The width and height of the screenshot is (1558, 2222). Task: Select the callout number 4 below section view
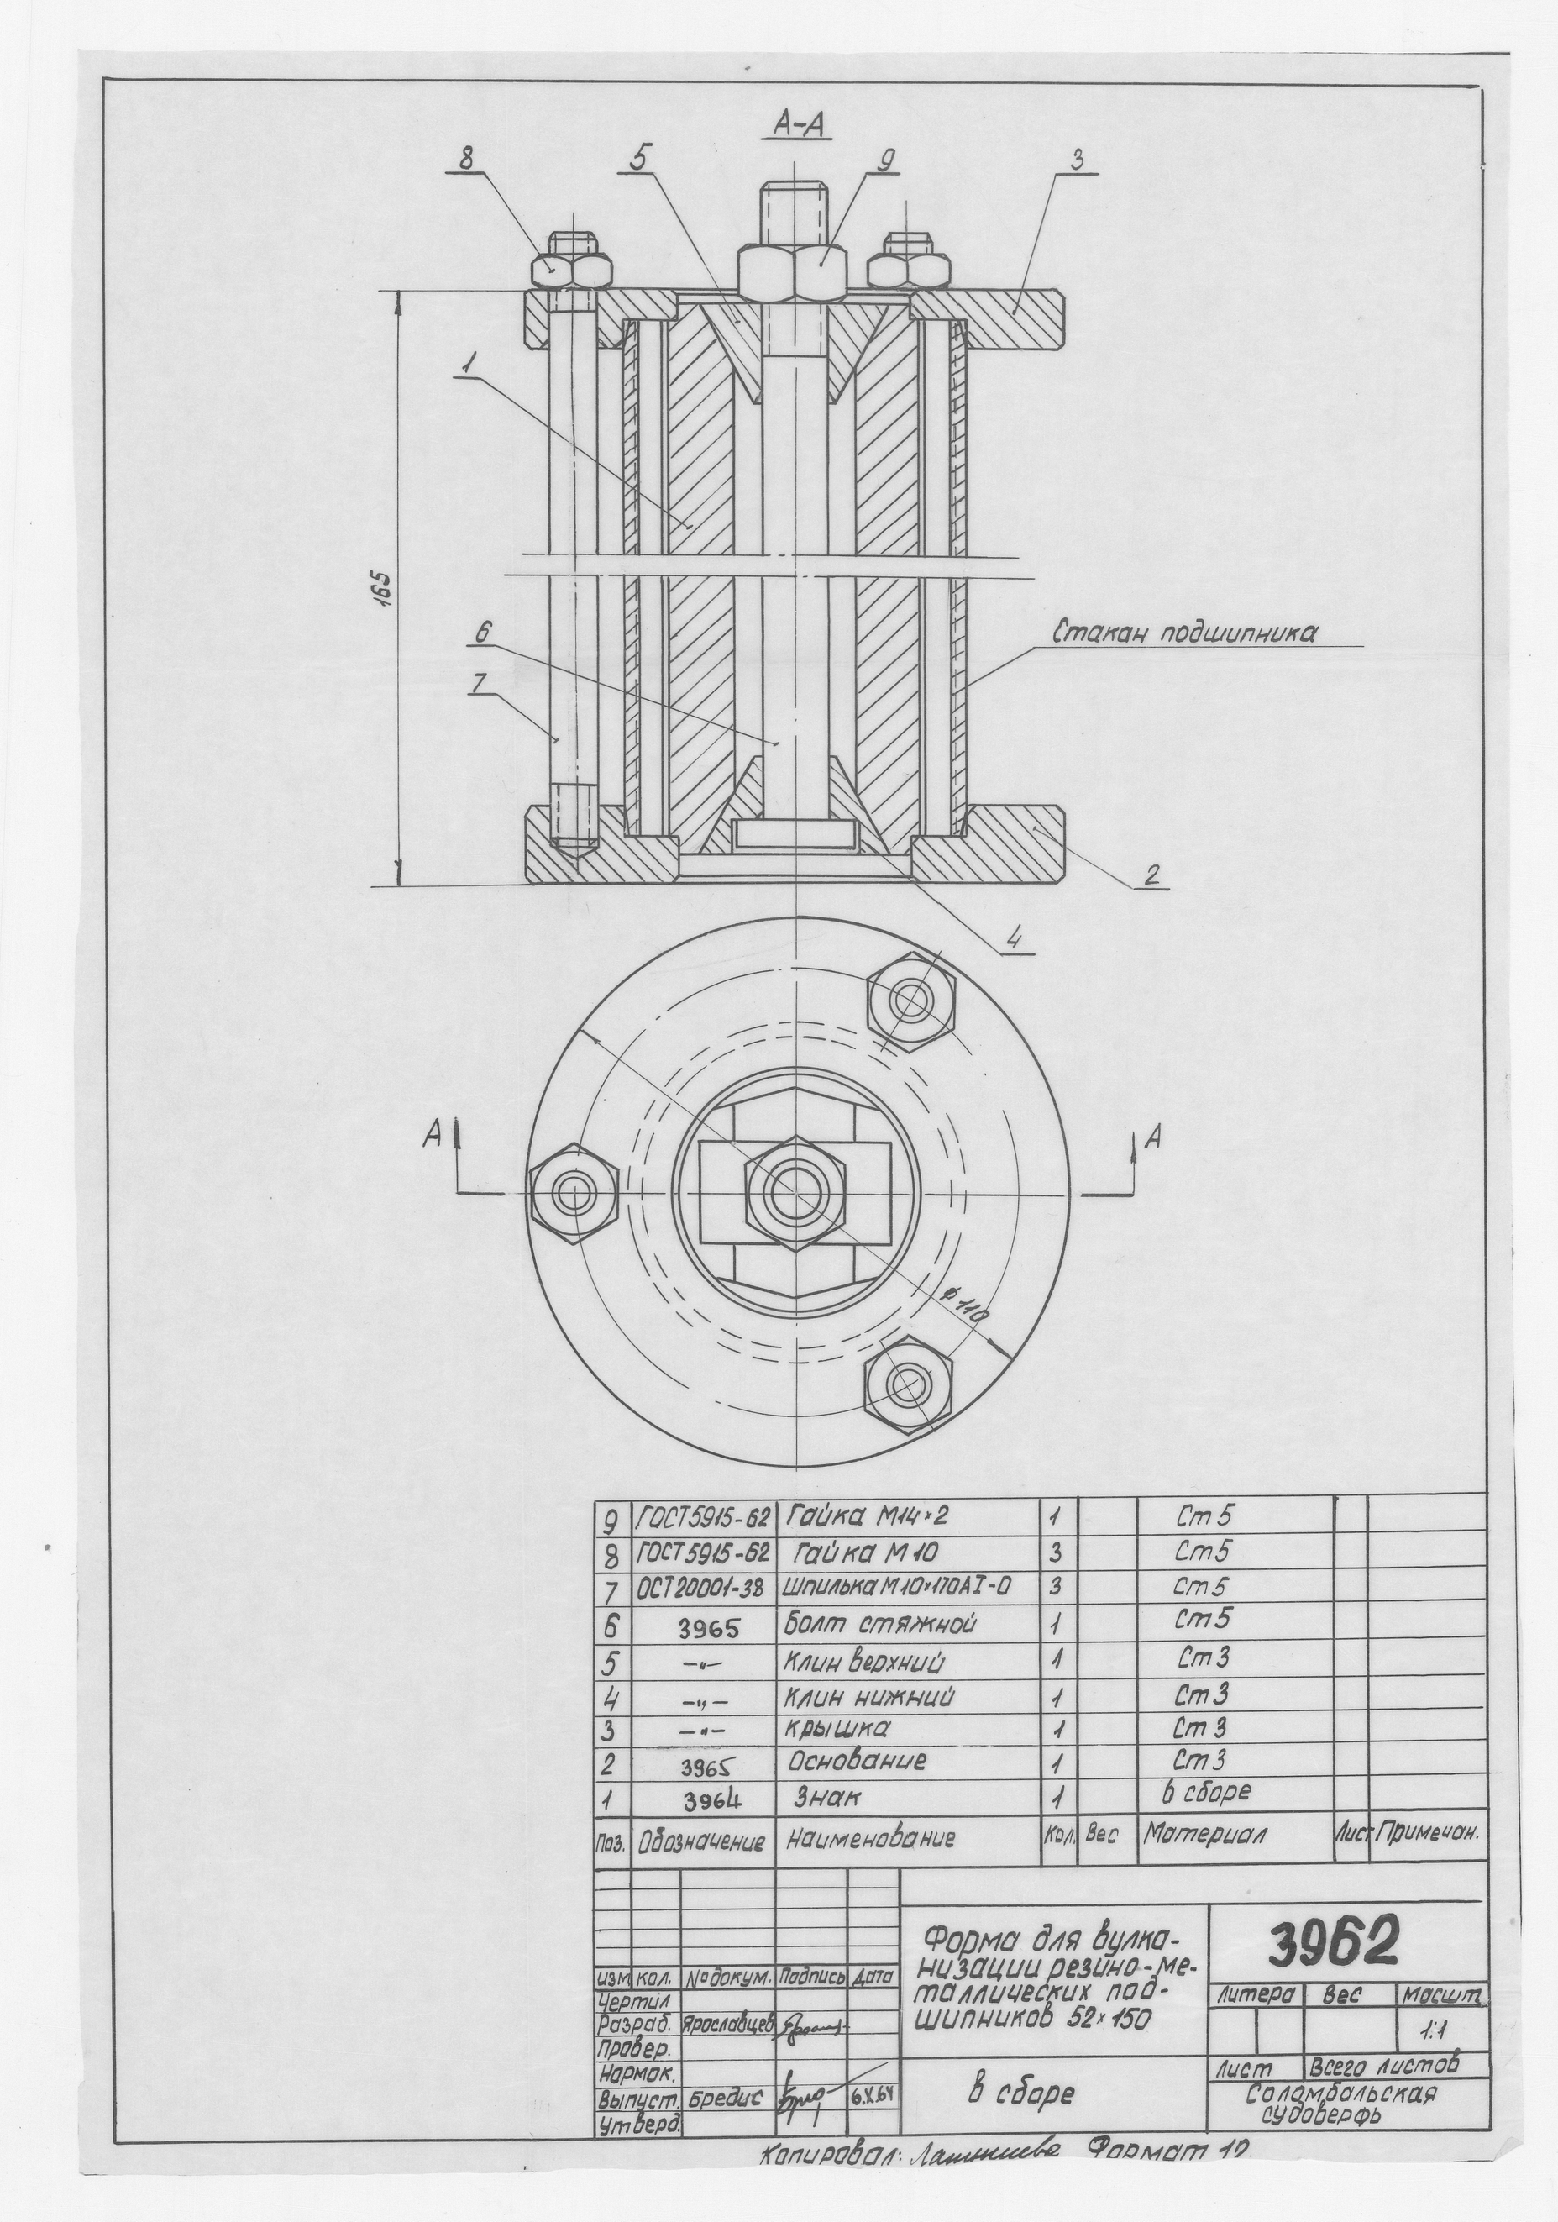click(x=1012, y=938)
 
